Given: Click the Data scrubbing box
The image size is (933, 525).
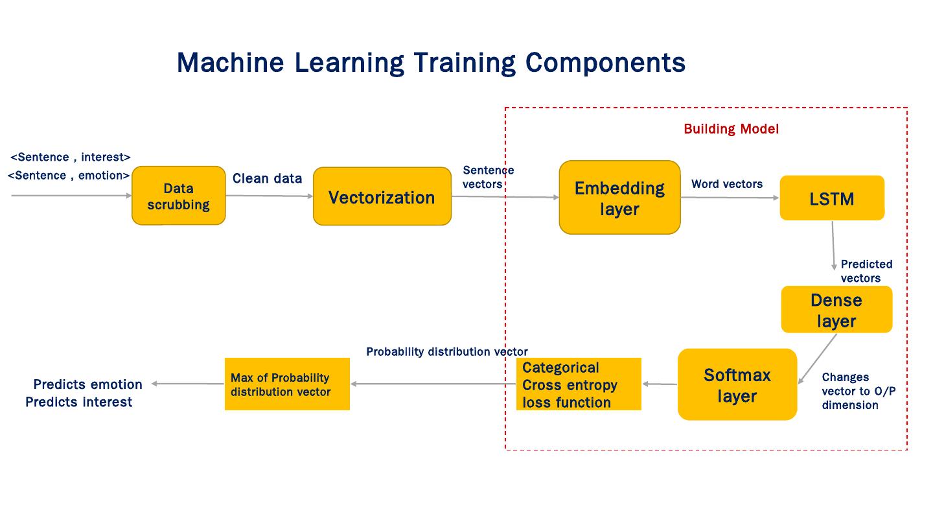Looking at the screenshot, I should pyautogui.click(x=178, y=196).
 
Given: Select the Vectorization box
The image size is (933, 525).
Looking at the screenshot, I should pyautogui.click(x=382, y=197).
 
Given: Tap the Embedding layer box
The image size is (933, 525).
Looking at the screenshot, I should pyautogui.click(x=619, y=198).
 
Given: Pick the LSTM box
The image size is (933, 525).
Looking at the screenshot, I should pyautogui.click(x=831, y=198).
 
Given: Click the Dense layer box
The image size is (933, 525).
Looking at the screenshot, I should pyautogui.click(x=836, y=310).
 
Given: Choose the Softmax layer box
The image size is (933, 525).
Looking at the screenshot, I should pyautogui.click(x=737, y=384).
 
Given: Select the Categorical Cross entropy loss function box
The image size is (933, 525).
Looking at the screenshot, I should pyautogui.click(x=579, y=384).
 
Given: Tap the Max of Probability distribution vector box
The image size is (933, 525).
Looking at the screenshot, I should pyautogui.click(x=287, y=384).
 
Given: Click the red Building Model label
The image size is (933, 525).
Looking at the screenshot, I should pyautogui.click(x=731, y=129).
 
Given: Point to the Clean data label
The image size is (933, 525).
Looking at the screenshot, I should pyautogui.click(x=267, y=179).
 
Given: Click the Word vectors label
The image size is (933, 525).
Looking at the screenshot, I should pyautogui.click(x=726, y=184).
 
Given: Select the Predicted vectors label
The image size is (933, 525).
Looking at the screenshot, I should pyautogui.click(x=866, y=271).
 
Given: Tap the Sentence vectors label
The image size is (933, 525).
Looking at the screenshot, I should pyautogui.click(x=487, y=177).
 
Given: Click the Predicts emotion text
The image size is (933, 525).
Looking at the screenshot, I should pyautogui.click(x=87, y=384).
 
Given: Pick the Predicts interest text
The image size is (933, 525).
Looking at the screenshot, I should pyautogui.click(x=78, y=402).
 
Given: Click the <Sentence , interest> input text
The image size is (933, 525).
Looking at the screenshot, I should pyautogui.click(x=71, y=157).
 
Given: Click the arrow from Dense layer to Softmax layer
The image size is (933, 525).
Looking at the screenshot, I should pyautogui.click(x=817, y=360).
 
